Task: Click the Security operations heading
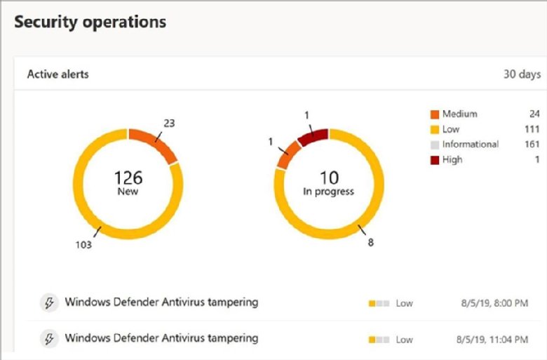click(x=90, y=22)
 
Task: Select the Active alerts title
click(x=58, y=74)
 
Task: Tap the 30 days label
click(x=522, y=74)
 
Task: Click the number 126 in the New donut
click(x=128, y=177)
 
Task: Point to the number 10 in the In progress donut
click(x=329, y=177)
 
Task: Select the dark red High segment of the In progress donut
click(x=313, y=137)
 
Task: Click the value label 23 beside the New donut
click(x=168, y=123)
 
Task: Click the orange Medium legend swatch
click(x=434, y=114)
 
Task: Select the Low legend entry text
click(x=451, y=129)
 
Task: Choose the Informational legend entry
click(x=470, y=145)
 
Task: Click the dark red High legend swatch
click(x=434, y=160)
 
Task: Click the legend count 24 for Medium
click(x=534, y=114)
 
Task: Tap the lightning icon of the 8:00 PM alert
click(x=48, y=302)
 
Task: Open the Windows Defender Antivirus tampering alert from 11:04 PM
click(x=161, y=338)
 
